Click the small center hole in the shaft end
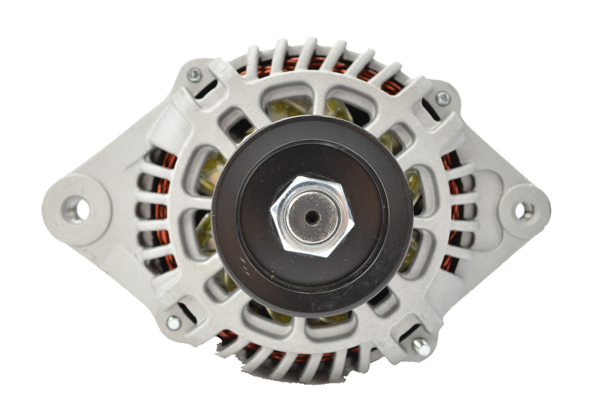coord(312,216)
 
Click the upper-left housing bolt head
coord(194,75)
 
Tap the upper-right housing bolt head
coord(443,98)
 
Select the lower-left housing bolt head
coord(173,322)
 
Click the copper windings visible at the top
coord(318,64)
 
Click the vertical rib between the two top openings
coord(319,101)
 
